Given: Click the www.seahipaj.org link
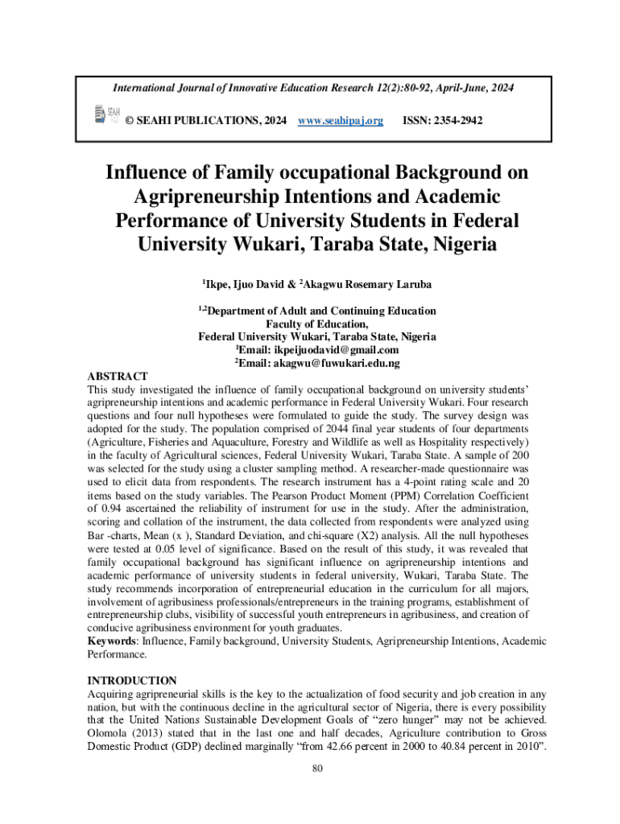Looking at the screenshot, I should (x=341, y=121).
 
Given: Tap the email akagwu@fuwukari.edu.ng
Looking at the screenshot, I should (x=348, y=363).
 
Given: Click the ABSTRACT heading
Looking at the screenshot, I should (x=118, y=377).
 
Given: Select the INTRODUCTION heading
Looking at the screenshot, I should (x=131, y=681).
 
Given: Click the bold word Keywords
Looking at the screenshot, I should (x=111, y=641).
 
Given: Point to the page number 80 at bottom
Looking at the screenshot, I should (x=317, y=768).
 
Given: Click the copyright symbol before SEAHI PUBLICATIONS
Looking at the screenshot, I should (x=129, y=121).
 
